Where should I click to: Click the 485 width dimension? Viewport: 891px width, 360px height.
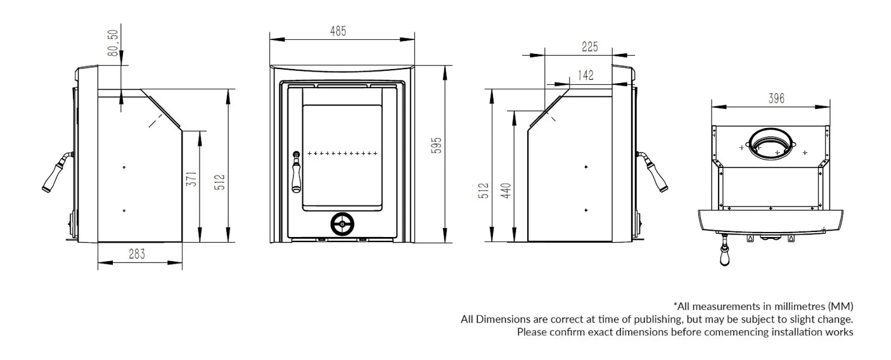pyautogui.click(x=338, y=30)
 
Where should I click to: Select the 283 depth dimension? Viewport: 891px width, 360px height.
pyautogui.click(x=137, y=254)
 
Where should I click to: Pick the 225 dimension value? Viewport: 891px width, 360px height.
pyautogui.click(x=589, y=46)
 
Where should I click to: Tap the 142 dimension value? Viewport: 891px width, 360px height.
pyautogui.click(x=586, y=75)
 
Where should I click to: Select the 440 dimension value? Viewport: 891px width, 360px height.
pyautogui.click(x=506, y=190)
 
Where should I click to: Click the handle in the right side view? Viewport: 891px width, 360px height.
pyautogui.click(x=654, y=172)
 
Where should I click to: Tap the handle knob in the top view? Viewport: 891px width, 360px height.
pyautogui.click(x=725, y=257)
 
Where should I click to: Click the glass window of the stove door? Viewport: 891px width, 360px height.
pyautogui.click(x=342, y=157)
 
